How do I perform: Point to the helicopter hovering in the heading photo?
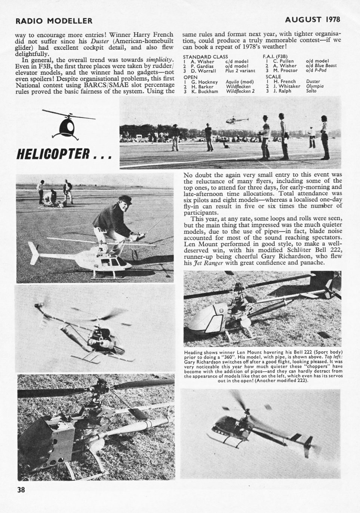coord(235,120)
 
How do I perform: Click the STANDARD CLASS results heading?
coord(205,56)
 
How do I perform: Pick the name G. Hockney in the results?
coord(204,81)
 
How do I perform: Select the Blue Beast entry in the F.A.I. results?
coord(325,65)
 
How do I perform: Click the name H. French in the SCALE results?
coord(284,81)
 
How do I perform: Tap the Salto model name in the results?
coord(311,91)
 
